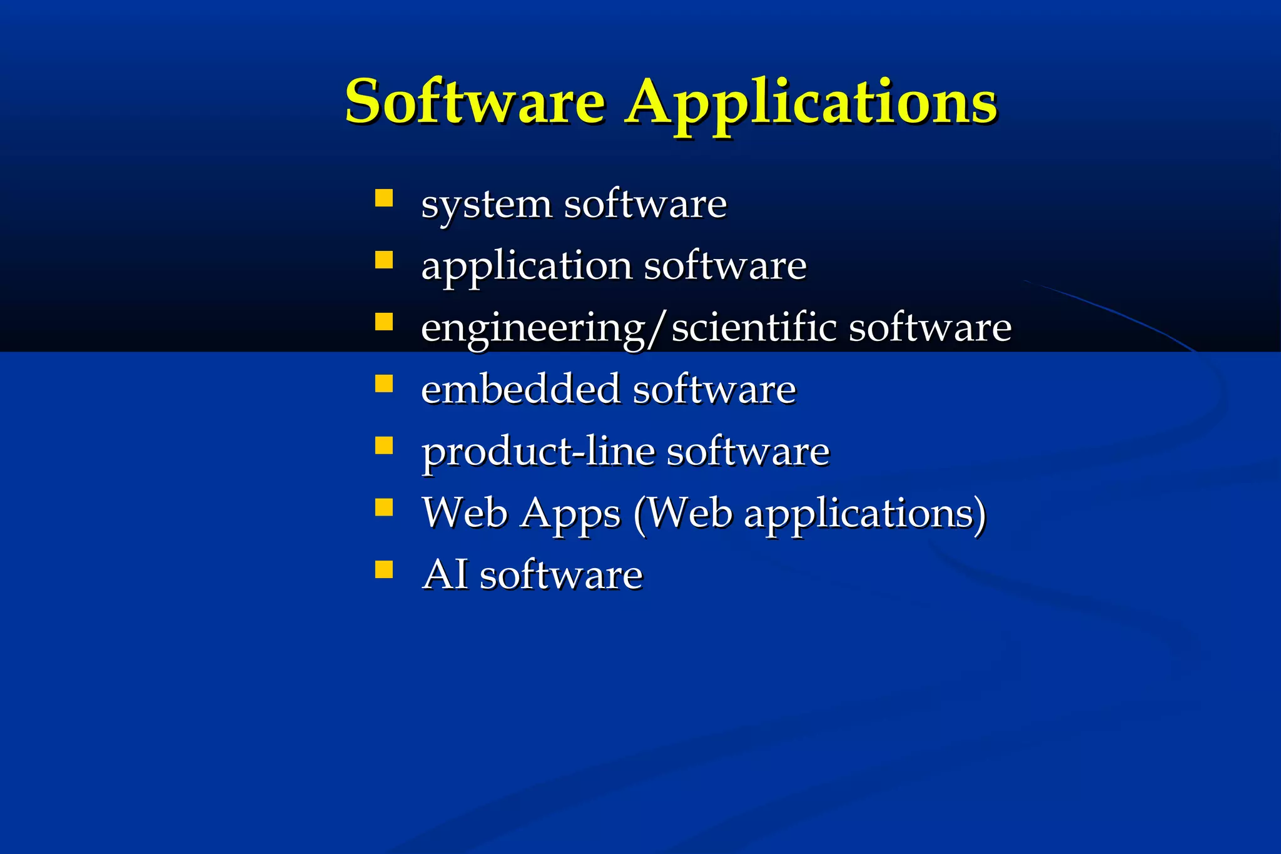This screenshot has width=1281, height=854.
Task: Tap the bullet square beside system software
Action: click(x=383, y=198)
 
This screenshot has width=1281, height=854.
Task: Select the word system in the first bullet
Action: click(x=486, y=205)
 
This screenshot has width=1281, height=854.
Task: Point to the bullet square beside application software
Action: click(x=383, y=260)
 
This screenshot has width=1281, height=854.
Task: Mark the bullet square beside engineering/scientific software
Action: click(x=383, y=322)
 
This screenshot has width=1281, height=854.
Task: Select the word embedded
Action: click(x=520, y=389)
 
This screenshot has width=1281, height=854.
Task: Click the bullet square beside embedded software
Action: click(x=383, y=383)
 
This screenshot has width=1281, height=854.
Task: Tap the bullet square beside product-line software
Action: click(x=383, y=445)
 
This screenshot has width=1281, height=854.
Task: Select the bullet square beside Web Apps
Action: click(x=383, y=507)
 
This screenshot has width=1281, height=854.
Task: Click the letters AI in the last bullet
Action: click(x=445, y=574)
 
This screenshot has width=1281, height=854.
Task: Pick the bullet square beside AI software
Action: click(x=383, y=569)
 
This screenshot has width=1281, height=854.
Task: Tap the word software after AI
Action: click(x=560, y=574)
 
